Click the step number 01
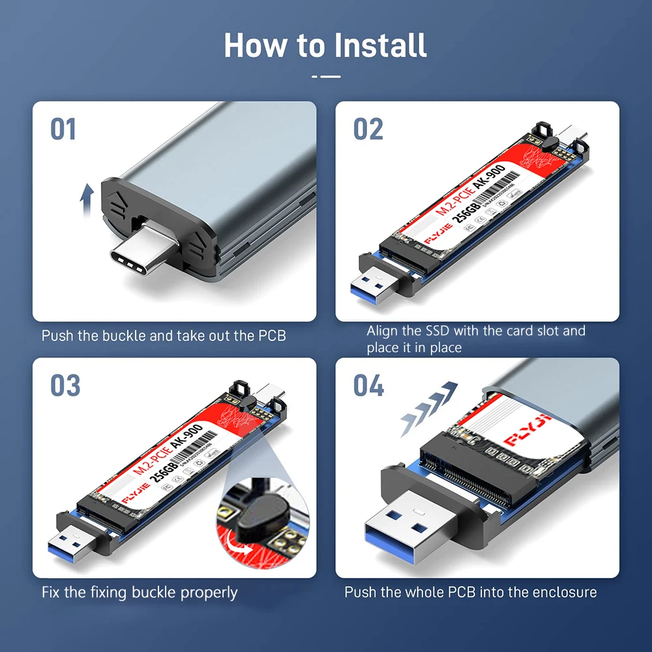(63, 128)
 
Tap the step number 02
(368, 128)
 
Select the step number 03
(65, 385)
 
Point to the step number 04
(368, 385)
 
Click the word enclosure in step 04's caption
(565, 593)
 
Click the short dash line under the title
(326, 76)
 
